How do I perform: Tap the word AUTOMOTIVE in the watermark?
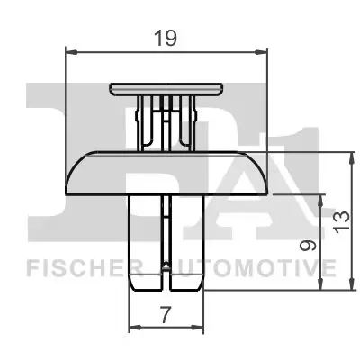[249, 267]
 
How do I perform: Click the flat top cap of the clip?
[167, 88]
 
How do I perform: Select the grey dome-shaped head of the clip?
[167, 173]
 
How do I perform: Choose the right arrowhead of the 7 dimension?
[201, 326]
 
